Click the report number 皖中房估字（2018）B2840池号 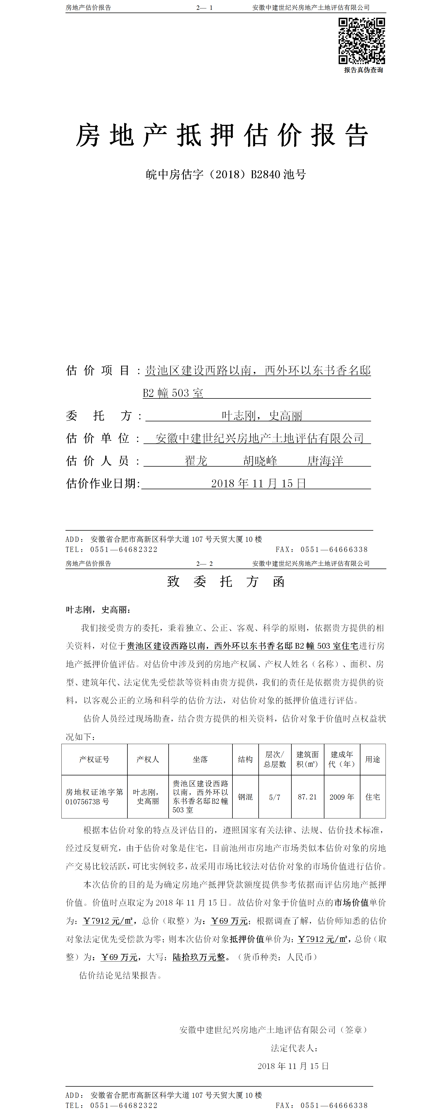226,174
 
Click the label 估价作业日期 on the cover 102,484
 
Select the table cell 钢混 245,797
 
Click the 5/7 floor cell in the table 274,797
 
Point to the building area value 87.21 307,797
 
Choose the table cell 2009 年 341,797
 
